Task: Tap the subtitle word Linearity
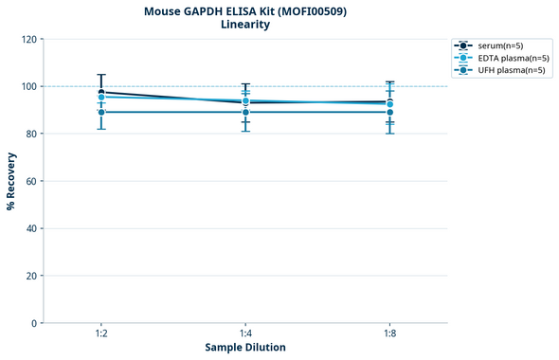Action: click(x=244, y=25)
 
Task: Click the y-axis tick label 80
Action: click(x=30, y=134)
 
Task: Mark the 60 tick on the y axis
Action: click(x=30, y=181)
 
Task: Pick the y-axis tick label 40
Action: click(x=30, y=228)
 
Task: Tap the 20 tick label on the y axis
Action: click(x=30, y=276)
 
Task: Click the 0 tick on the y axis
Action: click(x=33, y=323)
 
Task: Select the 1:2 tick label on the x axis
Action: click(x=101, y=334)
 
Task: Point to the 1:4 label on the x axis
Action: click(x=245, y=334)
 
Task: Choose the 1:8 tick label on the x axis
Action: click(x=390, y=334)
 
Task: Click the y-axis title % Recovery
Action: click(x=11, y=180)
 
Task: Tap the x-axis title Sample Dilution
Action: click(x=245, y=348)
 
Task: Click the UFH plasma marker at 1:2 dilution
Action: click(x=101, y=113)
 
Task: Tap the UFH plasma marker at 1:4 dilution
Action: click(x=245, y=113)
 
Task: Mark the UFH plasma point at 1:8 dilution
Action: click(x=390, y=113)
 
